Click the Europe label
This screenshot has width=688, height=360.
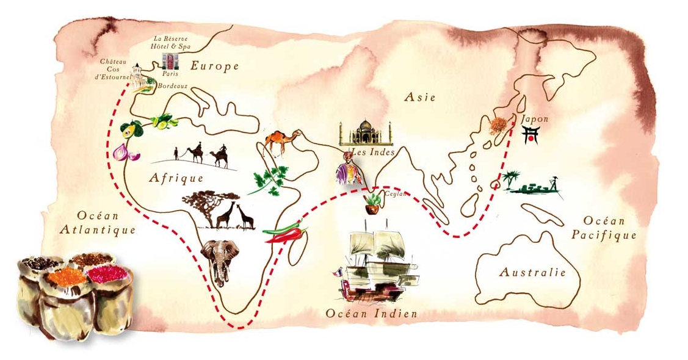point(214,67)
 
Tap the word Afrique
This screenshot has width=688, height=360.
point(176,178)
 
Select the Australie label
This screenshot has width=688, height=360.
point(532,272)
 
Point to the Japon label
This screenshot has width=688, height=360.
point(535,119)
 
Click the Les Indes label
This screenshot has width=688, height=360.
point(372,152)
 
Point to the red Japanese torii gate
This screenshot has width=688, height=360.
point(531,135)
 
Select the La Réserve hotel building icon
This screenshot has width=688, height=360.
point(170,61)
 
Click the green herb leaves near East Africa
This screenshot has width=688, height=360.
point(268,179)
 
